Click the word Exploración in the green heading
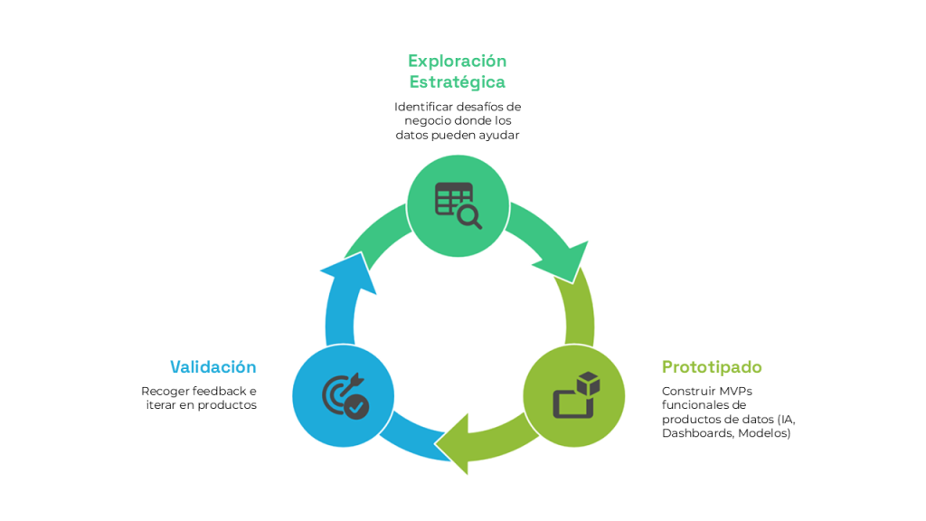(457, 61)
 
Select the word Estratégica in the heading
(457, 82)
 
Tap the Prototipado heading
(712, 367)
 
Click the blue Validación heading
(213, 367)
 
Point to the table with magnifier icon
(458, 205)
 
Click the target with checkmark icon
(345, 395)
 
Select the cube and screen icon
(575, 395)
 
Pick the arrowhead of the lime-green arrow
(456, 443)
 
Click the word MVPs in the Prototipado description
(733, 391)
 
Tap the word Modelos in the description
(764, 433)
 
